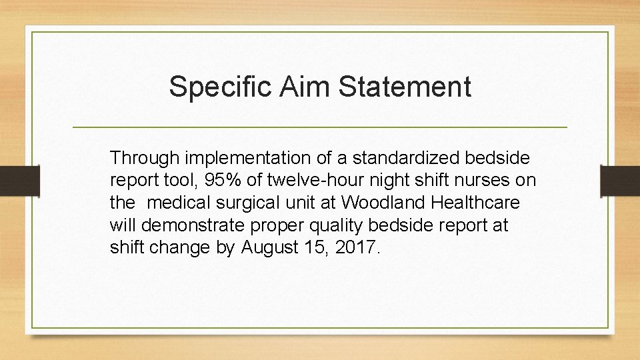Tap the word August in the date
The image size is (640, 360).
click(272, 249)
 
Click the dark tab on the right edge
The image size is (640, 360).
click(619, 179)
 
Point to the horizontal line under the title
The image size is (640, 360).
click(319, 127)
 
